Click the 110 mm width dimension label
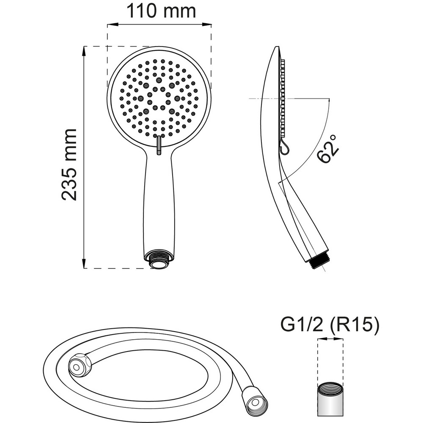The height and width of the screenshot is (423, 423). (161, 11)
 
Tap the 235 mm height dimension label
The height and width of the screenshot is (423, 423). (69, 165)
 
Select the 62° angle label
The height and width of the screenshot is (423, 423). (328, 149)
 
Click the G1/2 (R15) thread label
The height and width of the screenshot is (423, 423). (330, 325)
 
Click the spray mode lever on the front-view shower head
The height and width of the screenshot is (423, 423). (159, 145)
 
